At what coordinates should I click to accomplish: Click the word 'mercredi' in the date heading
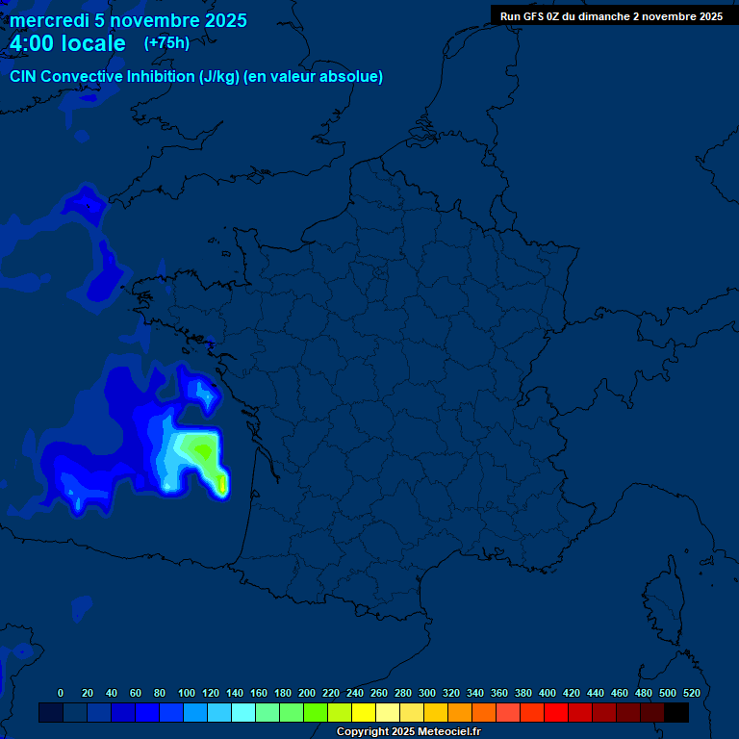[48, 20]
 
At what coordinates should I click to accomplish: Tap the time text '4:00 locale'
[67, 43]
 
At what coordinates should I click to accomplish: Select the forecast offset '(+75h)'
[166, 43]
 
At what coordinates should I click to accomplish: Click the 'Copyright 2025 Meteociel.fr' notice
[408, 732]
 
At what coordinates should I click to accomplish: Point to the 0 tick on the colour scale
[61, 693]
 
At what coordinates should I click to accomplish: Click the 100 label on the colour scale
[186, 693]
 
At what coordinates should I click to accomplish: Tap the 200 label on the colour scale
[306, 693]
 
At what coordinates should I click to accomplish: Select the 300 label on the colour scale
[426, 693]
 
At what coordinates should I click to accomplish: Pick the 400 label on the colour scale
[547, 693]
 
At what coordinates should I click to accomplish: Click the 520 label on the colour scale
[691, 693]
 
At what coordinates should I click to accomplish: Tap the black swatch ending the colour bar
[676, 713]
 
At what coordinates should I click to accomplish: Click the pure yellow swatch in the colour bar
[364, 713]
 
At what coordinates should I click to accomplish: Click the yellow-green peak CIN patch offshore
[198, 448]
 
